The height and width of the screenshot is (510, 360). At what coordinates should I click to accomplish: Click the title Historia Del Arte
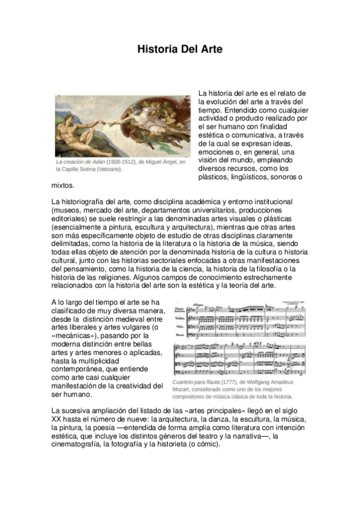point(180,49)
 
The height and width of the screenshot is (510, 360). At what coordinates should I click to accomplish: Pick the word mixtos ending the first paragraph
point(63,186)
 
